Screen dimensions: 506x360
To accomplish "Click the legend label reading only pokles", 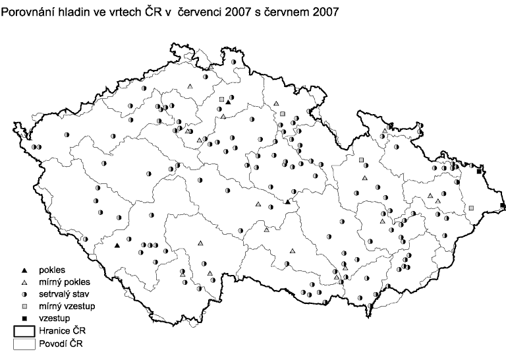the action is pos(52,270).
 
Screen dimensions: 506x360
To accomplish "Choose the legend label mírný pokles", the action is pos(65,282).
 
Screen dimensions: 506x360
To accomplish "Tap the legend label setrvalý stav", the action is pos(64,294).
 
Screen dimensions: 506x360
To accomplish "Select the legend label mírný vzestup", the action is pos(67,306).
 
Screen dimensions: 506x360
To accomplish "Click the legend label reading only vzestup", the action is pos(55,318).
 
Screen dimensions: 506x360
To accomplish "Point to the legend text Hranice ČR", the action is pos(63,331).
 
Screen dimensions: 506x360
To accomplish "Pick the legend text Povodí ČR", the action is pos(61,344).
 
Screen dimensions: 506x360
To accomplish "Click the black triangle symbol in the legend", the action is pos(24,270).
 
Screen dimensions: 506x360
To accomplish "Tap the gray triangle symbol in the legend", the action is pos(24,282).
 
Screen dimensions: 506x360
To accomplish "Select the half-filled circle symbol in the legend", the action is pos(24,295).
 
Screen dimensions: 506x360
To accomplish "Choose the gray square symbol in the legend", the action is pos(24,307).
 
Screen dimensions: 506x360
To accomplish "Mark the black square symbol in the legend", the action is pos(24,318).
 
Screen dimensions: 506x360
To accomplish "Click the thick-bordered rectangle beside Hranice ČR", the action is pos(24,332).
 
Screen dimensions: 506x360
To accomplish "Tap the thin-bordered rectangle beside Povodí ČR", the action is pos(24,344).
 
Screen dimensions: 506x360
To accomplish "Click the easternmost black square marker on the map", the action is pos(503,205).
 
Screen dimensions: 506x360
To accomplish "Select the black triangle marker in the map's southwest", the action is pos(117,246).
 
